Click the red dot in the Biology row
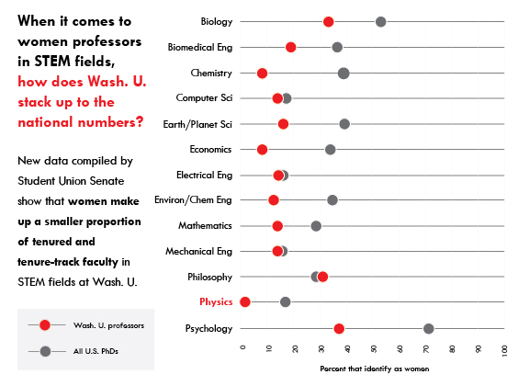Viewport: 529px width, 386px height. point(328,22)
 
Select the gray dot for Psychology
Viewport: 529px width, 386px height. point(429,329)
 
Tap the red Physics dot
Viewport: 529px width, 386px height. point(245,302)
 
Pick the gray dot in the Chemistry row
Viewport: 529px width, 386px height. point(343,73)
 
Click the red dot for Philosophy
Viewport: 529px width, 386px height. point(322,277)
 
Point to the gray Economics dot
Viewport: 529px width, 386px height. point(331,150)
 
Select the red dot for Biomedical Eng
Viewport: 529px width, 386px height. point(291,47)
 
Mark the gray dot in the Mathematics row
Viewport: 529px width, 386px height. point(316,226)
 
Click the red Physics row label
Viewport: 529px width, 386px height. point(216,302)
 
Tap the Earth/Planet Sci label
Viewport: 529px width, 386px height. point(197,125)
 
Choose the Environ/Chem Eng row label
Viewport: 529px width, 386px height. point(193,200)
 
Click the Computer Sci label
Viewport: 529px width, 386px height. point(204,98)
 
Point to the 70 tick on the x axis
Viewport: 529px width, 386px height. point(426,349)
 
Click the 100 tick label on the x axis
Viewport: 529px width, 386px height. point(504,350)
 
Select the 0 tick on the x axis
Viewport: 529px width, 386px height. point(242,347)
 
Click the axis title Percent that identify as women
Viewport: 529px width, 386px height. point(375,369)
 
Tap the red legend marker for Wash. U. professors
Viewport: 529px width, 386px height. point(45,325)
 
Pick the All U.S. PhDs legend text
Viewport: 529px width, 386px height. point(96,351)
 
